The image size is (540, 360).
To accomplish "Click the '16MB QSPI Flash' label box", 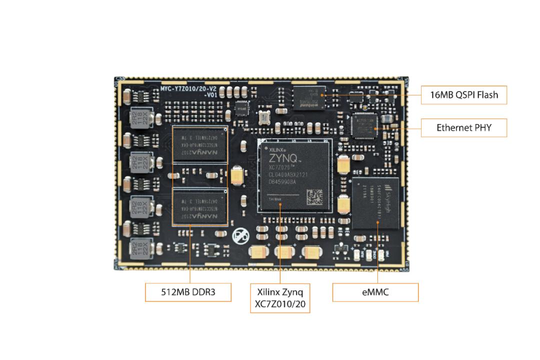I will click(x=464, y=94).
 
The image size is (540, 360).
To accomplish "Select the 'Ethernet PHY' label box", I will click(x=464, y=128).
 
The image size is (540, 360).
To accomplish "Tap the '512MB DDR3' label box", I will click(x=188, y=292).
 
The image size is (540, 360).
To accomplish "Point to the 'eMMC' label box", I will click(x=375, y=292).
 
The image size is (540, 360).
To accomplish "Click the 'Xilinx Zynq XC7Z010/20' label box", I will click(x=280, y=298).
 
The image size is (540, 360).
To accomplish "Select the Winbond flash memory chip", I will click(x=307, y=97).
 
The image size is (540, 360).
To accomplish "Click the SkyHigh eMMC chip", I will click(x=375, y=203).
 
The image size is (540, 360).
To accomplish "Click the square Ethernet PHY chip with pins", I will click(x=365, y=126).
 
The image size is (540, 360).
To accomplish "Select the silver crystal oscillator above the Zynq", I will click(x=263, y=117).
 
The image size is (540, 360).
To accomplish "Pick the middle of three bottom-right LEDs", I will click(x=369, y=255).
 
